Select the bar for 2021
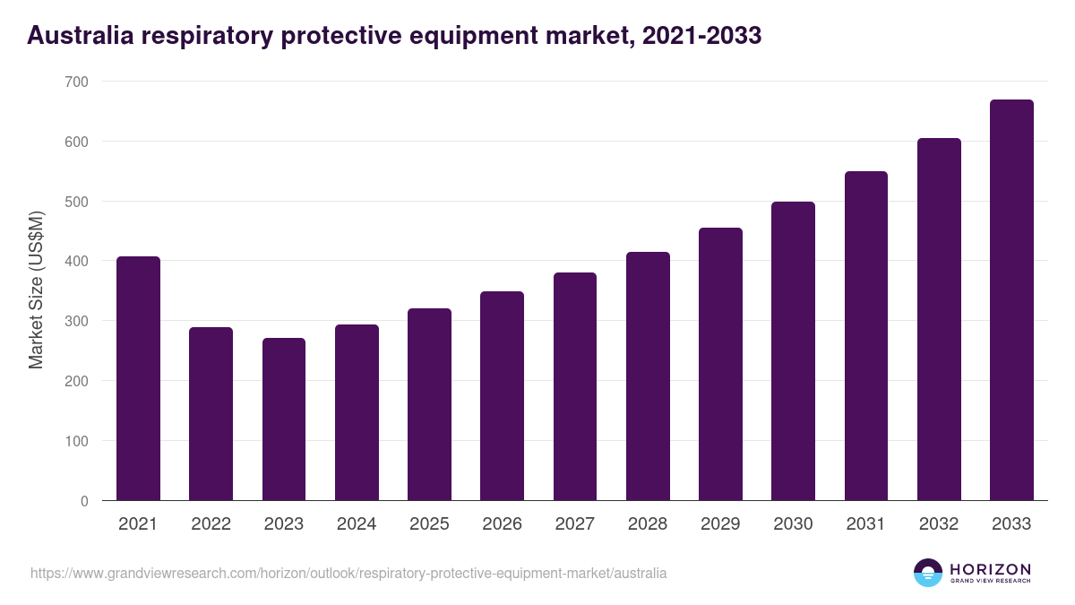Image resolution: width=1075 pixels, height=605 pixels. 138,378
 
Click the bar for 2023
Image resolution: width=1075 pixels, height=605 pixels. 284,419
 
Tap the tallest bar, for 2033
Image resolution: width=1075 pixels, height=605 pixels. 1011,300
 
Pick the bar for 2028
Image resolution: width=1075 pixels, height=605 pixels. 648,376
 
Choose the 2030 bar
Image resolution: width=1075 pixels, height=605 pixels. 793,351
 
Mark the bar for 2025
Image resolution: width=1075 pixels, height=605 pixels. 429,404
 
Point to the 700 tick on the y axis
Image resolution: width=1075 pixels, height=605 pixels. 77,82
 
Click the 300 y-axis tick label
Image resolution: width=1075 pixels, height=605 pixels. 77,321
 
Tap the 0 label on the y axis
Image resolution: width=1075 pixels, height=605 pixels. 84,501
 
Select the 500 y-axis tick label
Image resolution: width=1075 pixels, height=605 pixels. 77,202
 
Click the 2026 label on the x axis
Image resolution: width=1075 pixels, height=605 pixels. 502,524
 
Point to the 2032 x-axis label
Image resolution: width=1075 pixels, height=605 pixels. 939,524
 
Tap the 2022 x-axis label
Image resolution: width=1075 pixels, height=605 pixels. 211,524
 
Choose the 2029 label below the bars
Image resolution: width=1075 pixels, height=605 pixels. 720,524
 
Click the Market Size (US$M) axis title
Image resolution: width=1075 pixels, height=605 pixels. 36,290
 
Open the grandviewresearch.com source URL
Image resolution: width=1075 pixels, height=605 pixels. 348,573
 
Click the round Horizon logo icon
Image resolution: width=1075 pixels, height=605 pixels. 928,573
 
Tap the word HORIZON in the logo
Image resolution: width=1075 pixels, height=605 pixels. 990,568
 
